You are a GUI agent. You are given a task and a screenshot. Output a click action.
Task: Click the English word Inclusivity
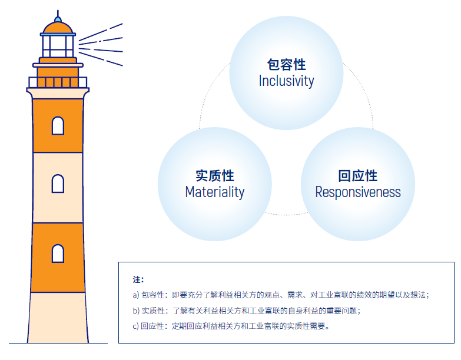(x=286, y=81)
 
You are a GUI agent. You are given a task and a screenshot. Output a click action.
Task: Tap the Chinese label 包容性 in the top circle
(x=286, y=64)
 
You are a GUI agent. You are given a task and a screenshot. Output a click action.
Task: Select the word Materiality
(x=214, y=192)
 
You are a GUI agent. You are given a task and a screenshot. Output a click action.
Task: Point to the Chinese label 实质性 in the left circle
(x=214, y=175)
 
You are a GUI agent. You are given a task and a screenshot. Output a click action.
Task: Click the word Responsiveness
(x=358, y=192)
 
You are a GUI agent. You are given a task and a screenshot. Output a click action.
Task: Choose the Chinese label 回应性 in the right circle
(x=358, y=175)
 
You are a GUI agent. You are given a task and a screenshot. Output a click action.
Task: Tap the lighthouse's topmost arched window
(x=58, y=125)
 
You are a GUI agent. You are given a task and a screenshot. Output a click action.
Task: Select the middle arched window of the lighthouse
(x=58, y=184)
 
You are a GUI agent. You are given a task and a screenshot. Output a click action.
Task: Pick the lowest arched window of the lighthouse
(x=58, y=253)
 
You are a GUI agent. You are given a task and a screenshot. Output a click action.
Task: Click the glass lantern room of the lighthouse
(x=58, y=45)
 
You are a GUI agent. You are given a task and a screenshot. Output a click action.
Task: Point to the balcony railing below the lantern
(x=58, y=82)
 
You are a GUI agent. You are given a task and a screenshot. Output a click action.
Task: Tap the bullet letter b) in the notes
(x=136, y=311)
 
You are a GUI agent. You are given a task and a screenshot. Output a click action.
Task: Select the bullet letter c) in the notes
(x=136, y=326)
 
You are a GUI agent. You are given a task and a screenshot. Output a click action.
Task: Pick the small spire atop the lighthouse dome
(x=58, y=14)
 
